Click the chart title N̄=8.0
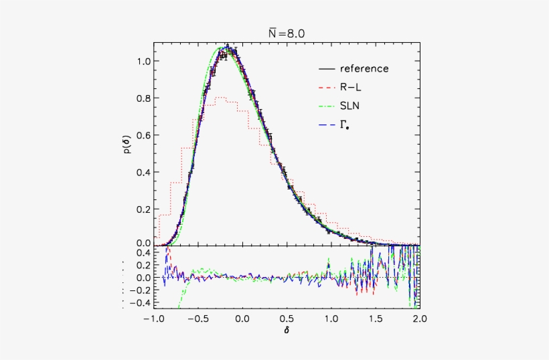coord(287,31)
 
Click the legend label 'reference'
coord(364,68)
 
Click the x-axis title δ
coord(287,331)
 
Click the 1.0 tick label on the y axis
coord(143,61)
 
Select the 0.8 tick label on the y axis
coord(143,98)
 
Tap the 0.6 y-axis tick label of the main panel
coord(143,134)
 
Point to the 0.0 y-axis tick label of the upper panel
coord(143,243)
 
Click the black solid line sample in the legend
coord(327,68)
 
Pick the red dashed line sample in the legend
coord(327,86)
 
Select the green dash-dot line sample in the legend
coord(327,105)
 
